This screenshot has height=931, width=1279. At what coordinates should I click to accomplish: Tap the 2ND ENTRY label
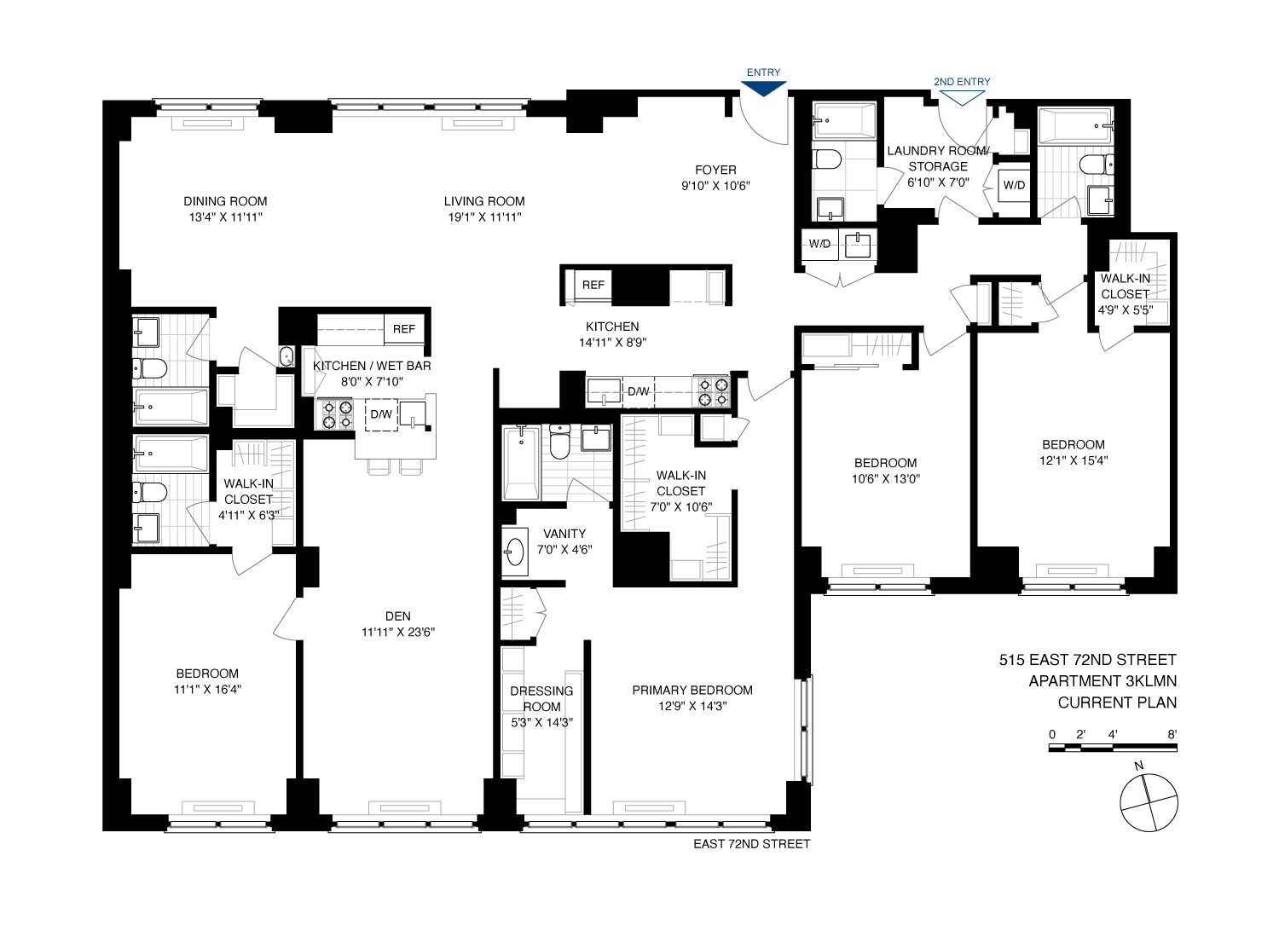pyautogui.click(x=962, y=82)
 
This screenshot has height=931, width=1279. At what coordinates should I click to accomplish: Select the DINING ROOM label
pyautogui.click(x=225, y=201)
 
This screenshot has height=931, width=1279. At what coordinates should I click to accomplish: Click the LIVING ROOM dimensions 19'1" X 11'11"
pyautogui.click(x=484, y=217)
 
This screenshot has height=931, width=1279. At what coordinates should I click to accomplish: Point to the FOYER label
pyautogui.click(x=715, y=170)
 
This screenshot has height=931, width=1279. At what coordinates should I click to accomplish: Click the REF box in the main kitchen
pyautogui.click(x=593, y=285)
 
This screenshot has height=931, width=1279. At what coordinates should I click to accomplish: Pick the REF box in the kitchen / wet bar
pyautogui.click(x=404, y=329)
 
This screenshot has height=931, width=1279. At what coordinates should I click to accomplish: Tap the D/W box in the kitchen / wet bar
pyautogui.click(x=381, y=414)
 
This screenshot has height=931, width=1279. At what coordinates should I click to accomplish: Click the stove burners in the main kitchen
pyautogui.click(x=712, y=391)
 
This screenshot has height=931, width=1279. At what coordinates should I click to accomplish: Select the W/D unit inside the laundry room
pyautogui.click(x=1014, y=185)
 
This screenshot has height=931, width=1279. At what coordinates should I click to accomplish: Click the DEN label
pyautogui.click(x=398, y=616)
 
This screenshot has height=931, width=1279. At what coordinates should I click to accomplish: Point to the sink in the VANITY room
pyautogui.click(x=514, y=552)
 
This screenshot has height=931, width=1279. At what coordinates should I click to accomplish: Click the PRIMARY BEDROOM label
pyautogui.click(x=692, y=690)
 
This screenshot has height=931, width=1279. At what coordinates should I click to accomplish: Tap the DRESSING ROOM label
pyautogui.click(x=541, y=698)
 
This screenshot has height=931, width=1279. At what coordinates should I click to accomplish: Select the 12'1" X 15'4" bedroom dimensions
pyautogui.click(x=1073, y=461)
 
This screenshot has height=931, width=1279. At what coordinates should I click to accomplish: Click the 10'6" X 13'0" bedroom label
pyautogui.click(x=886, y=479)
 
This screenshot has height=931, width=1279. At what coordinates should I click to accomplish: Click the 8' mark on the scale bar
pyautogui.click(x=1172, y=734)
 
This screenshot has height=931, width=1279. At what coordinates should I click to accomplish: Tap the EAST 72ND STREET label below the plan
pyautogui.click(x=751, y=844)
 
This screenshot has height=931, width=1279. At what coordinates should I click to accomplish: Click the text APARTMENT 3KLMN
pyautogui.click(x=1102, y=681)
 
